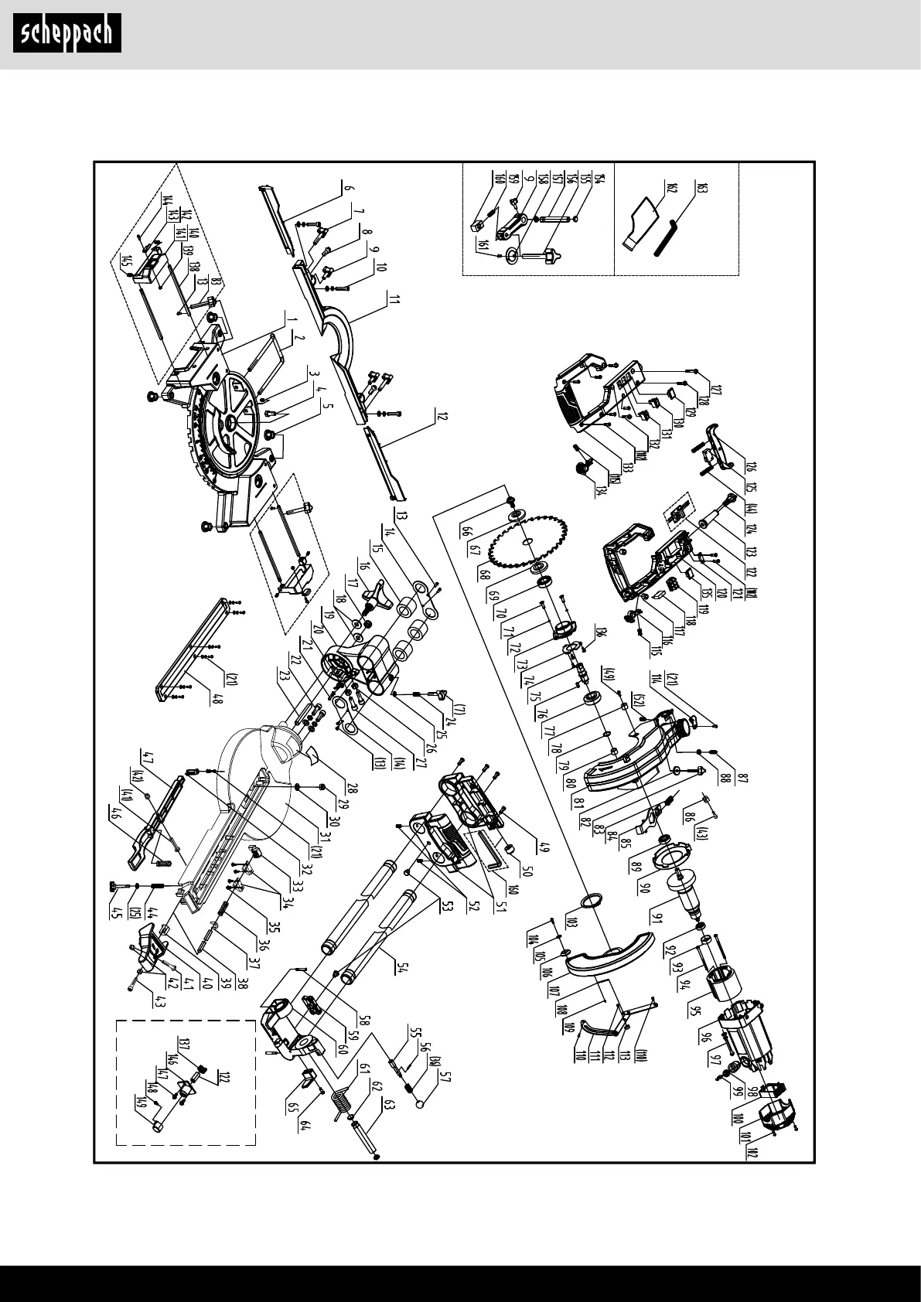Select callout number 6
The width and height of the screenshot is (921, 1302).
tap(348, 187)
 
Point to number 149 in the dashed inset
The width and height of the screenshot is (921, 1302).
tap(141, 1103)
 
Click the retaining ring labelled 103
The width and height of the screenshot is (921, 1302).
tap(589, 902)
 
